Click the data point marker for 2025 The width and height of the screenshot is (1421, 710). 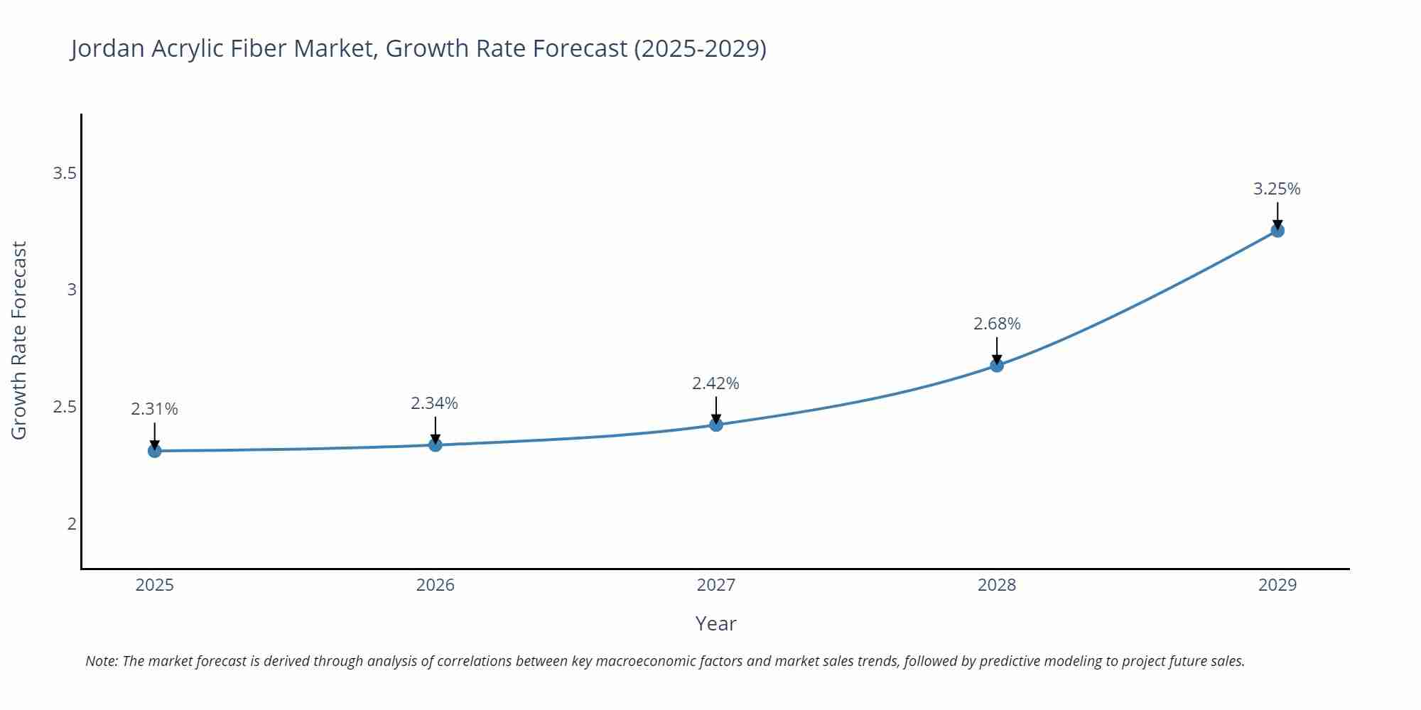[x=155, y=451]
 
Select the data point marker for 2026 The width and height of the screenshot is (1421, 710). [x=436, y=445]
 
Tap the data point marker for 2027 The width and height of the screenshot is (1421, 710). [x=716, y=425]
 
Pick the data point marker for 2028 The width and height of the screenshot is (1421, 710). [x=997, y=365]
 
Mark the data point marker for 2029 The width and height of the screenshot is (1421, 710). [x=1277, y=231]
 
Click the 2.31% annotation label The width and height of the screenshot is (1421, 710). [x=154, y=409]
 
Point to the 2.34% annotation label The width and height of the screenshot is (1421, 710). [x=434, y=403]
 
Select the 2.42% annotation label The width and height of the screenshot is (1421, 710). [x=715, y=383]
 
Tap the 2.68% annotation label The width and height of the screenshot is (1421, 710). [x=997, y=324]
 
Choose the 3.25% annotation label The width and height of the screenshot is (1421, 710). [x=1277, y=189]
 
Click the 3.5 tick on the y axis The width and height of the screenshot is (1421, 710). [x=65, y=173]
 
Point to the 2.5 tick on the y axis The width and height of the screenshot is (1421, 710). [x=65, y=408]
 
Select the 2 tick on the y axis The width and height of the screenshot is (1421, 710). [x=72, y=524]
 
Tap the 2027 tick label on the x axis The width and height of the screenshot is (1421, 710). [x=716, y=585]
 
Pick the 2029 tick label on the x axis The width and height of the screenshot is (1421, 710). [x=1277, y=585]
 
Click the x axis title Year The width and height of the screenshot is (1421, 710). [x=715, y=623]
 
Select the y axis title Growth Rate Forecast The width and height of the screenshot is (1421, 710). [x=19, y=341]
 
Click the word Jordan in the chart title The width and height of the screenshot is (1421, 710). [x=107, y=48]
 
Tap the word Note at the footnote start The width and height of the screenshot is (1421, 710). [x=102, y=661]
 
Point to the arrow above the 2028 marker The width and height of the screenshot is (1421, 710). [x=997, y=350]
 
